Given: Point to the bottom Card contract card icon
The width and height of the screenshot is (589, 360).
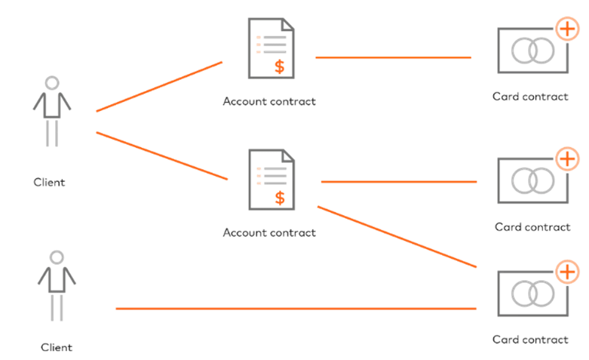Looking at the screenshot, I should (x=532, y=293).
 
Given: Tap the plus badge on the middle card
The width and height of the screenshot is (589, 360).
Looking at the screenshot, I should (x=567, y=159).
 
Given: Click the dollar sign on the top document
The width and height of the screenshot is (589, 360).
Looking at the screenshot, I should (x=280, y=66).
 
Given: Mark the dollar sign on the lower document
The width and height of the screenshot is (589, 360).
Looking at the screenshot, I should (x=280, y=198).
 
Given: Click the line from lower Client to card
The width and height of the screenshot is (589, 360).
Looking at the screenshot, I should (x=294, y=309).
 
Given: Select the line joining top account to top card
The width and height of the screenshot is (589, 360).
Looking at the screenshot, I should (x=392, y=57).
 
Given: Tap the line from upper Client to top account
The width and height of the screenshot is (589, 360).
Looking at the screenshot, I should (x=158, y=87).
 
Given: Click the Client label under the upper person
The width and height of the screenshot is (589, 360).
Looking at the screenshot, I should (x=49, y=182).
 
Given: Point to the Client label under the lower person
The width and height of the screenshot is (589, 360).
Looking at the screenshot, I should (x=57, y=348).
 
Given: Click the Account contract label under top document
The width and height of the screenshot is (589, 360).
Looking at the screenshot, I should (x=268, y=101).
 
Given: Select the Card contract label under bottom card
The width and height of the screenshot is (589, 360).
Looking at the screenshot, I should (x=530, y=340).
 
